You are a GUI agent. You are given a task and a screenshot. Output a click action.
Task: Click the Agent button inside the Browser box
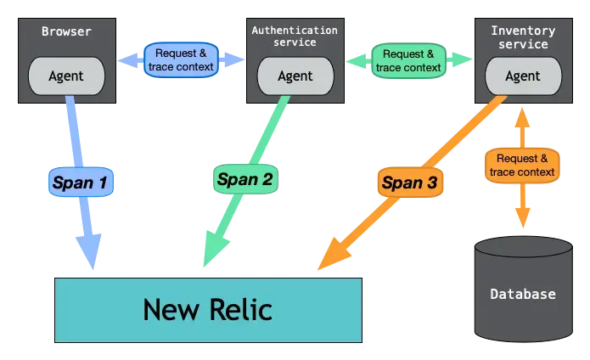click(x=66, y=76)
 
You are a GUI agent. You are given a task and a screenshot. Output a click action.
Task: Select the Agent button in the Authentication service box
click(x=295, y=76)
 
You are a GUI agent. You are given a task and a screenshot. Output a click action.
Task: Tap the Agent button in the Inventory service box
click(x=523, y=76)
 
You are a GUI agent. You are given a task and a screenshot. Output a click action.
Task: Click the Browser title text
click(x=66, y=32)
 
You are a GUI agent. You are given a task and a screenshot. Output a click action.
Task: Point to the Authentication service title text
click(x=295, y=37)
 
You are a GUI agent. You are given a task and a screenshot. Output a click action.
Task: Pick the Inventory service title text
click(x=523, y=37)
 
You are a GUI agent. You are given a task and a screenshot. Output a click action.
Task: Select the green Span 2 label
click(x=244, y=179)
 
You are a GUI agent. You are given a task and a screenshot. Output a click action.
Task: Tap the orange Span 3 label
click(x=409, y=182)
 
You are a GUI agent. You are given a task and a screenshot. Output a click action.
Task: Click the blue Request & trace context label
click(x=181, y=59)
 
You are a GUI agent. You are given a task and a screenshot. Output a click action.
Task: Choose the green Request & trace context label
click(x=409, y=60)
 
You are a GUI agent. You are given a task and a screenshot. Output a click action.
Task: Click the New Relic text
click(x=207, y=309)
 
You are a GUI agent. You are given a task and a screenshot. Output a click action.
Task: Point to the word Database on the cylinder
click(x=523, y=295)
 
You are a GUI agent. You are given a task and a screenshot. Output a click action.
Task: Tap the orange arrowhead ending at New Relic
click(x=333, y=253)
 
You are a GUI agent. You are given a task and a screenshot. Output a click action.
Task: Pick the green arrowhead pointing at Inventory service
click(x=463, y=59)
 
